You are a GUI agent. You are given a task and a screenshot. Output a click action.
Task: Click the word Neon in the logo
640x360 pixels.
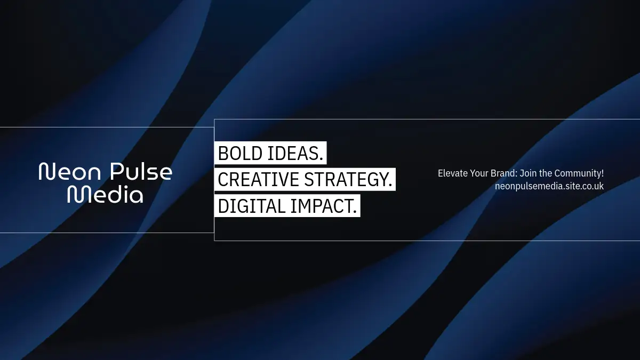[x=70, y=171]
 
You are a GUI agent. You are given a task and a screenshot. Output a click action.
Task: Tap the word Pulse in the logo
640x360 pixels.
[x=141, y=171]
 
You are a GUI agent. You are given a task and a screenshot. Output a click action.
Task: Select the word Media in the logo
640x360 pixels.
[x=105, y=194]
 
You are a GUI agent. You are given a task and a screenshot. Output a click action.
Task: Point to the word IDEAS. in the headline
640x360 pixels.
[x=295, y=154]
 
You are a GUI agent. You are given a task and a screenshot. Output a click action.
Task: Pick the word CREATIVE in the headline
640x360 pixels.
[x=258, y=179]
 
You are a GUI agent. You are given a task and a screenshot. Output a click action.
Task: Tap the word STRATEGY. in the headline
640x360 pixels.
[x=348, y=179]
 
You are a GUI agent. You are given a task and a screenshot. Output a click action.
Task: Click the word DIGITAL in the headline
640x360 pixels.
[x=251, y=206]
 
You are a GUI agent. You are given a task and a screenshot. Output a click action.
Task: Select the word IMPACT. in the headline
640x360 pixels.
[x=323, y=206]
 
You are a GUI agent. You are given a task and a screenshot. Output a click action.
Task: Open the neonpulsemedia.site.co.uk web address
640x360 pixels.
[x=549, y=186]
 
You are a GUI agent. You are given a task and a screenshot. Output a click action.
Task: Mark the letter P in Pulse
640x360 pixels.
[x=117, y=171]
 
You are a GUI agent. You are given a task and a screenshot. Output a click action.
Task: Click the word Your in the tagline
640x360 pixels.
[x=479, y=173]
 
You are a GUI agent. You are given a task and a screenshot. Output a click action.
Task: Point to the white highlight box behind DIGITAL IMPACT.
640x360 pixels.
[x=287, y=206]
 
